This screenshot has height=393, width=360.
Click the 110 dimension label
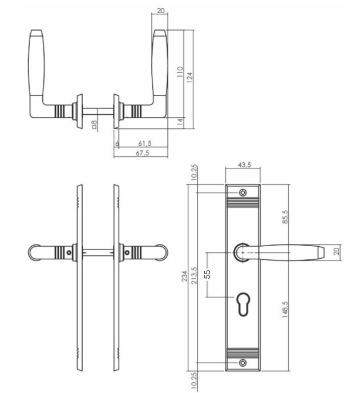179,73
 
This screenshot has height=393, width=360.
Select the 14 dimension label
179,121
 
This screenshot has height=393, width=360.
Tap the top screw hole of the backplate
244,193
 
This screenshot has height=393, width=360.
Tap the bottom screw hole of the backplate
244,362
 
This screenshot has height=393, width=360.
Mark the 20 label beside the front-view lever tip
337,252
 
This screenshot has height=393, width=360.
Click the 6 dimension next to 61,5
117,143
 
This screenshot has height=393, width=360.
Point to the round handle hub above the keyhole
242,252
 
